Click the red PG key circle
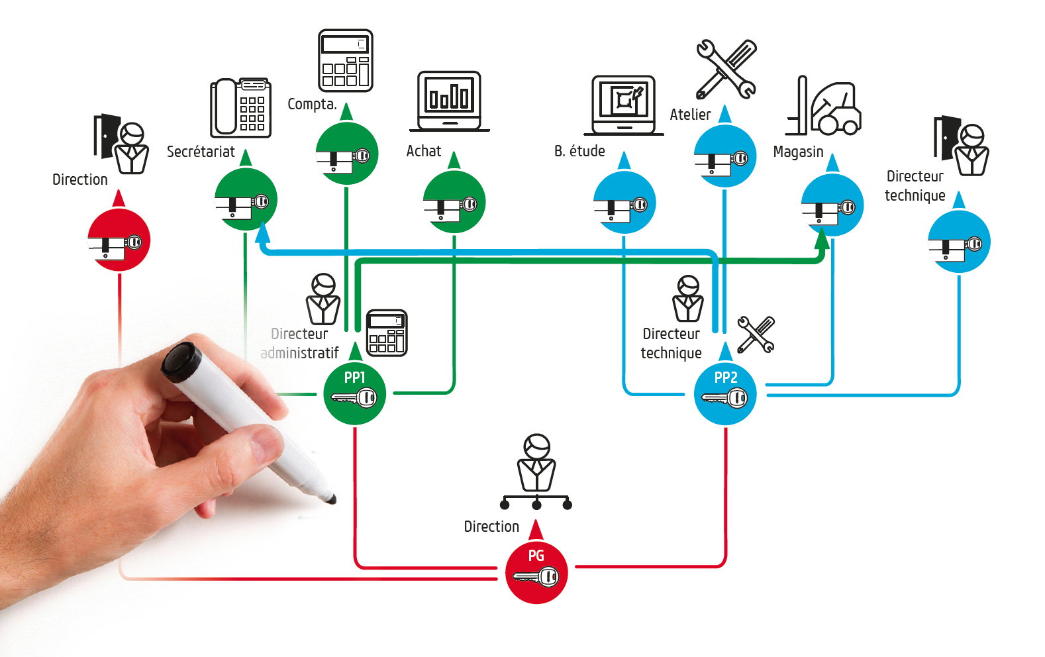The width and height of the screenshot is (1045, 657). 536,573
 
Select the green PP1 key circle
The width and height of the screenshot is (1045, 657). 354,394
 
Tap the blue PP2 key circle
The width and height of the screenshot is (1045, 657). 725,394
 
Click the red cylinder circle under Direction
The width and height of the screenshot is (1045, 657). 119,240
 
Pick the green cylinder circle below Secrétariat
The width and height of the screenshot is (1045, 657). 246,199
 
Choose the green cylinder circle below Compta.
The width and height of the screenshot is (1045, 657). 347,154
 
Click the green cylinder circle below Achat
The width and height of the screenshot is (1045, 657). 454,202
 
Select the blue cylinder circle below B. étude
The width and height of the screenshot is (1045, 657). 624,203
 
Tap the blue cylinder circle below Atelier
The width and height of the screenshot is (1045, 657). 725,156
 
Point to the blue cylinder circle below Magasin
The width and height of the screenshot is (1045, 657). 832,205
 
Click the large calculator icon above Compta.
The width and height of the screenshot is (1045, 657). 346,60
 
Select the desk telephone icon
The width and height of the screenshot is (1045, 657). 240,107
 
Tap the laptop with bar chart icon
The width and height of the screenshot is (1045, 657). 450,101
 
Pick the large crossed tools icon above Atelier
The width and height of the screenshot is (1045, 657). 726,69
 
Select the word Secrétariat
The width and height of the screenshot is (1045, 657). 201,152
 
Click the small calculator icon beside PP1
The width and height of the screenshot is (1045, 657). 387,332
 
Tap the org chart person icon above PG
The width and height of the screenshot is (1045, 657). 536,472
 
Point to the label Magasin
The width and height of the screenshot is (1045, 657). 798,152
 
